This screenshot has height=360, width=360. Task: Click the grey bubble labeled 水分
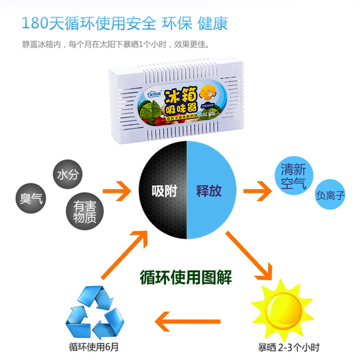pyautogui.click(x=68, y=175)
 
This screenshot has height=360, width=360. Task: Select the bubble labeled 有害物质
pyautogui.click(x=85, y=212)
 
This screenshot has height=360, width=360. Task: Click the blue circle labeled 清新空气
pyautogui.click(x=293, y=177)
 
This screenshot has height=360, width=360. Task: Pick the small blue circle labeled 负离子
pyautogui.click(x=330, y=196)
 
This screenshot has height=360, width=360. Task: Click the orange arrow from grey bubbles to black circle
pyautogui.click(x=118, y=190)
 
